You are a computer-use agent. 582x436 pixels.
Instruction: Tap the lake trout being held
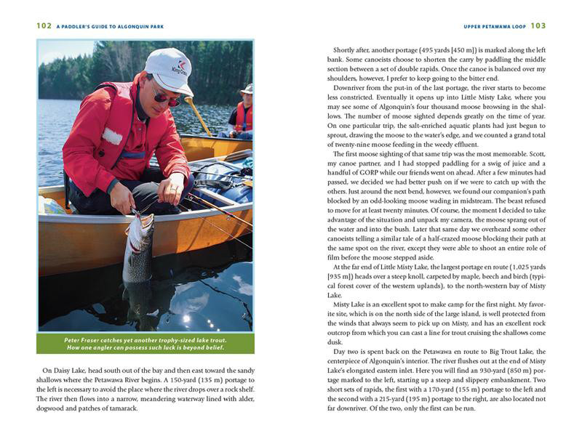(138, 251)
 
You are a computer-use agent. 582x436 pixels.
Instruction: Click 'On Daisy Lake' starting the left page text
(66, 370)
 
